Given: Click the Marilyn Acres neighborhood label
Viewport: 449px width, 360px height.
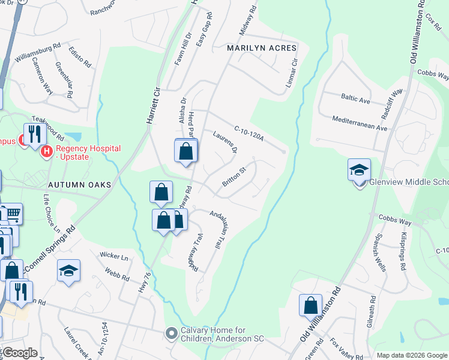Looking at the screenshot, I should coord(262,48).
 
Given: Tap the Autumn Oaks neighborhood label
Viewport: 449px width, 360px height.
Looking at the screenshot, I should coord(80,185).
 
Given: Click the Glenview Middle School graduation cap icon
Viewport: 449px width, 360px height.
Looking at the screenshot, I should coord(359,170).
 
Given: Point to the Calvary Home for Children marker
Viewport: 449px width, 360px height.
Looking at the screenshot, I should coord(172,332).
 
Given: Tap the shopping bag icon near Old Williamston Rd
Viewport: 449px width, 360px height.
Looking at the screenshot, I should coord(311,305).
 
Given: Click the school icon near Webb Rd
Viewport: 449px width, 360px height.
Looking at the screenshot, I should coord(68,271).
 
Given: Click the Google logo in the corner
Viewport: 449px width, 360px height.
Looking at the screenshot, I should coord(19,353).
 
